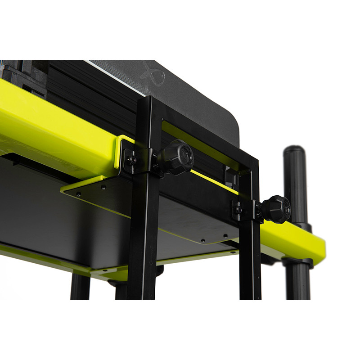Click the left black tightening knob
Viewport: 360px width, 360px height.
(176, 157)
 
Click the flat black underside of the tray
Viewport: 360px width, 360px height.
(67, 216)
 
